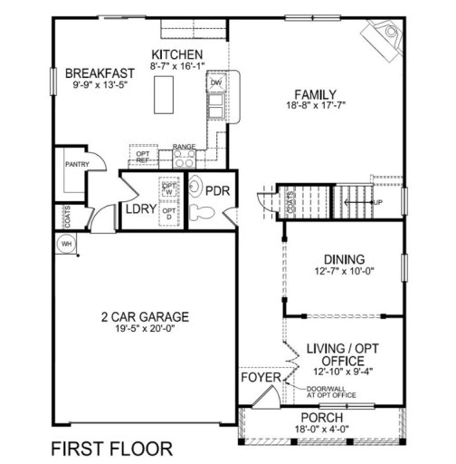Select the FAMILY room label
tap(315, 92)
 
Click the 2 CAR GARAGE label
tap(145, 316)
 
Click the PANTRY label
tap(76, 166)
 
